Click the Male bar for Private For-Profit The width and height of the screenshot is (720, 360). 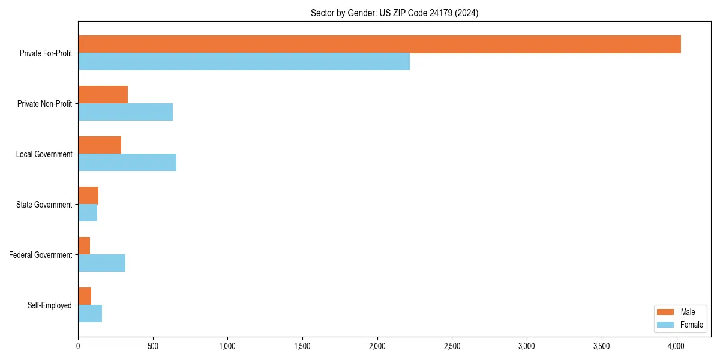pyautogui.click(x=379, y=44)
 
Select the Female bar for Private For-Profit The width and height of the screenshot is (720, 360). pyautogui.click(x=244, y=62)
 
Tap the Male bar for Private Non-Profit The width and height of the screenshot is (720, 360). pyautogui.click(x=103, y=95)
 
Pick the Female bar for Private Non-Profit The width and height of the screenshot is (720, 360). pyautogui.click(x=125, y=112)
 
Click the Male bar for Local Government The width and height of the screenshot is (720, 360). pyautogui.click(x=100, y=145)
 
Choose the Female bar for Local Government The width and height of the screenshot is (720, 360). pyautogui.click(x=127, y=163)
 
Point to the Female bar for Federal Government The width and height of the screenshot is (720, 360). pyautogui.click(x=101, y=263)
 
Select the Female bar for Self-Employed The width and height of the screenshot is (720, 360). pyautogui.click(x=90, y=314)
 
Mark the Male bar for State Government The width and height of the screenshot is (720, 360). pyautogui.click(x=88, y=196)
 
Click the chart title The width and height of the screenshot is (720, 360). pyautogui.click(x=394, y=13)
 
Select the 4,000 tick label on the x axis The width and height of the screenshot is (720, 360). pyautogui.click(x=676, y=346)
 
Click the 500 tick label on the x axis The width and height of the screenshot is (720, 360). pyautogui.click(x=153, y=346)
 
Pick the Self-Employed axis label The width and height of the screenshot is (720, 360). pyautogui.click(x=50, y=305)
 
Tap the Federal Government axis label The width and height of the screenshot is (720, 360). pyautogui.click(x=41, y=255)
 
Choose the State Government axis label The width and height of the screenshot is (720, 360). pyautogui.click(x=44, y=205)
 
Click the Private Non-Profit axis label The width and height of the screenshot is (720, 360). pyautogui.click(x=44, y=104)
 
